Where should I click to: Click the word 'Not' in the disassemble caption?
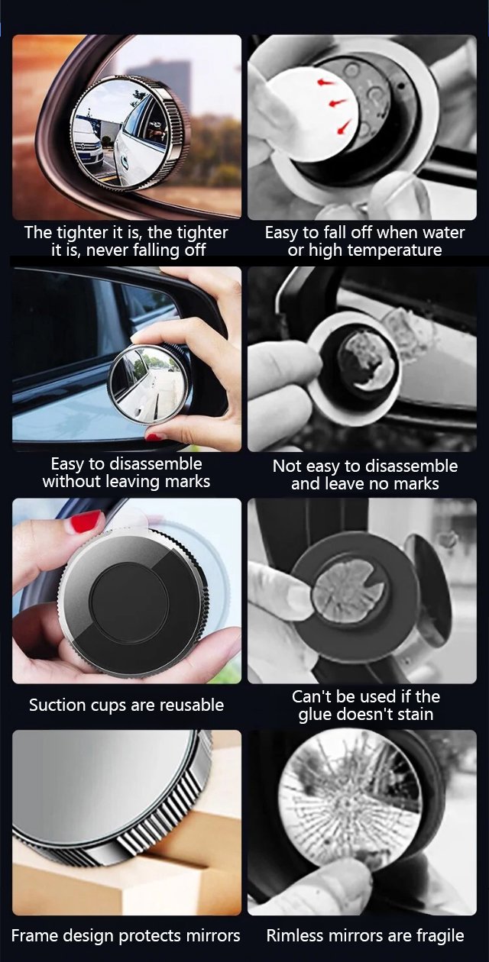click(285, 466)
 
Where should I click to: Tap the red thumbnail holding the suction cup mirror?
click(85, 522)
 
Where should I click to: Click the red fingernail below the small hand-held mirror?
click(156, 437)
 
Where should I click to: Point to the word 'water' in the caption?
click(444, 233)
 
